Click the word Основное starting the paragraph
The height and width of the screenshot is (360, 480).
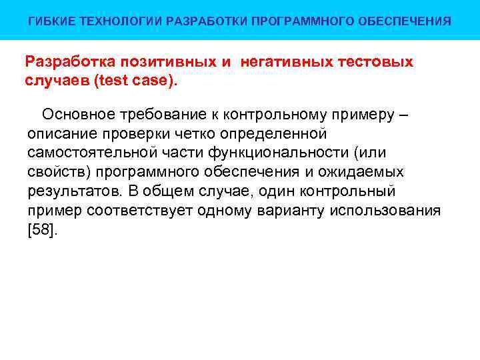click(x=75, y=115)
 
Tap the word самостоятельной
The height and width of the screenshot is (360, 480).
click(x=89, y=153)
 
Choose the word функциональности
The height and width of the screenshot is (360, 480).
click(x=283, y=153)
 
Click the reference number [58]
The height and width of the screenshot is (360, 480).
click(x=43, y=231)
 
